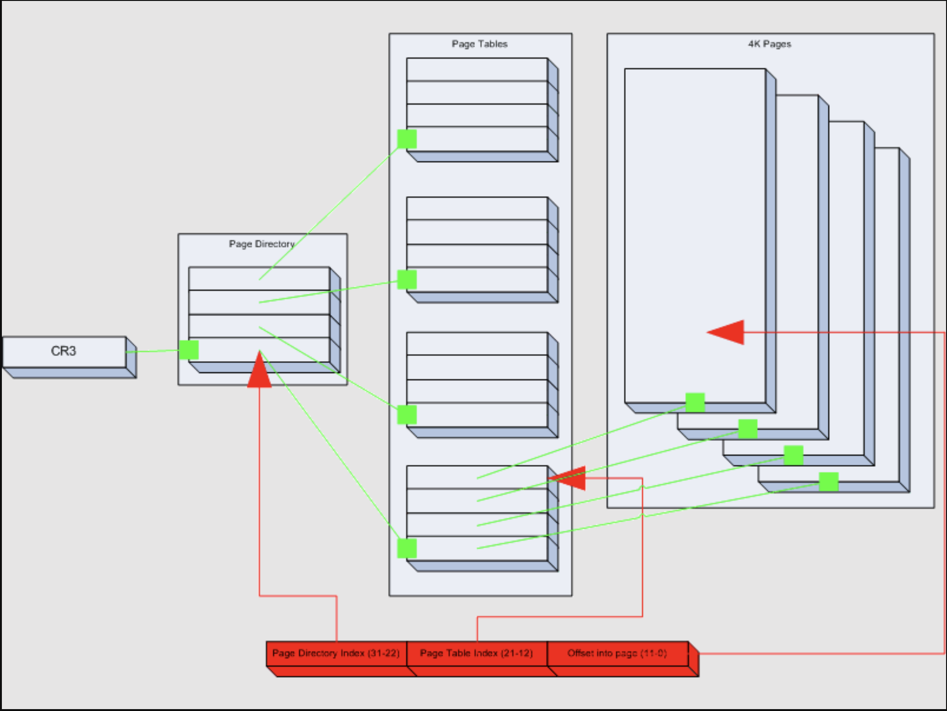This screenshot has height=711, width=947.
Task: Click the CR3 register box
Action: pyautogui.click(x=64, y=352)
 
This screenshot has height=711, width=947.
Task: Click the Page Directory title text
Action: pyautogui.click(x=262, y=244)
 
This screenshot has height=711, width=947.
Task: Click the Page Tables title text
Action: pyautogui.click(x=479, y=44)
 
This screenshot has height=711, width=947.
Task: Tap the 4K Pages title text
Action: pyautogui.click(x=769, y=44)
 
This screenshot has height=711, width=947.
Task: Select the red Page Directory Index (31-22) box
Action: pyautogui.click(x=336, y=653)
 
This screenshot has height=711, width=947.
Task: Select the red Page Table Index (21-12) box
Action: pyautogui.click(x=476, y=653)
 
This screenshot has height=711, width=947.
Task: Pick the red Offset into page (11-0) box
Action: pyautogui.click(x=617, y=653)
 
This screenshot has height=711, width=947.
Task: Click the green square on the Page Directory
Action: pyautogui.click(x=189, y=350)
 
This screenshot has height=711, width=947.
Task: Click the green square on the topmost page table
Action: pyautogui.click(x=407, y=139)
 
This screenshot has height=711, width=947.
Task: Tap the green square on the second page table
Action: pyautogui.click(x=407, y=280)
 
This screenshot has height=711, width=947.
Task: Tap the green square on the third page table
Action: pyautogui.click(x=407, y=415)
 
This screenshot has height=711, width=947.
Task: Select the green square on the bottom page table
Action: pyautogui.click(x=407, y=548)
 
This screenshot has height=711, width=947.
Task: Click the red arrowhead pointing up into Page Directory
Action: pyautogui.click(x=259, y=372)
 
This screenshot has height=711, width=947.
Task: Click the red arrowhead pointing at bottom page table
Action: pyautogui.click(x=570, y=478)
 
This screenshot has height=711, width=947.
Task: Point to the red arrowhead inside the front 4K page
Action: pyautogui.click(x=729, y=332)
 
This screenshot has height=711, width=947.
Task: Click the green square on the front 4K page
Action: pyautogui.click(x=695, y=403)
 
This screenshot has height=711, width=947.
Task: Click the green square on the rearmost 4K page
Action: pyautogui.click(x=829, y=482)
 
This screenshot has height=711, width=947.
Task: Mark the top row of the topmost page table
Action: pyautogui.click(x=476, y=70)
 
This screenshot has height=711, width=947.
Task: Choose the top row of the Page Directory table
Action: pyautogui.click(x=258, y=279)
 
